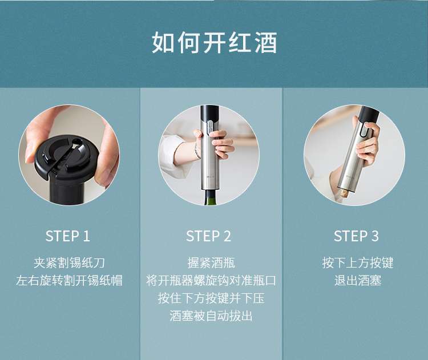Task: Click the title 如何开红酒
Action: [214, 43]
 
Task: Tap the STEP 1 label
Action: [68, 236]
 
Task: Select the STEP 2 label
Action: [208, 236]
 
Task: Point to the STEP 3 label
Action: [356, 236]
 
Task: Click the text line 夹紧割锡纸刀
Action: [69, 263]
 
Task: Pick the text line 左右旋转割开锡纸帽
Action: [69, 281]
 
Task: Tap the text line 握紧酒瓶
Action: [211, 263]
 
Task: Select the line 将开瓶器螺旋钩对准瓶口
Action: [211, 281]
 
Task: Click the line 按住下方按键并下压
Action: [211, 298]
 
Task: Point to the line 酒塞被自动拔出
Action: [211, 316]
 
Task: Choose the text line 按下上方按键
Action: [358, 263]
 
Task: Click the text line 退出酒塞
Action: [358, 281]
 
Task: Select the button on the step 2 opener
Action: [209, 128]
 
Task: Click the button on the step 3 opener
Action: [364, 130]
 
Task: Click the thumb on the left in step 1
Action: [37, 142]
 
